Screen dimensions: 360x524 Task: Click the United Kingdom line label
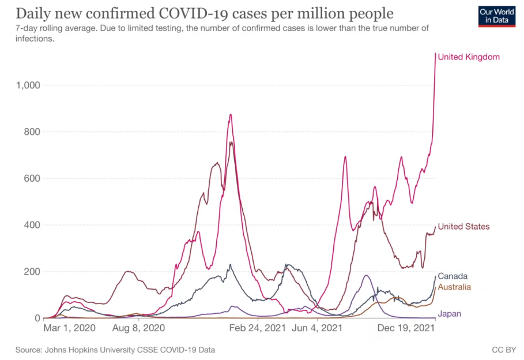(x=468, y=57)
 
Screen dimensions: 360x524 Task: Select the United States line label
(x=463, y=226)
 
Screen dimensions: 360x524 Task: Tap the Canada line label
(x=453, y=276)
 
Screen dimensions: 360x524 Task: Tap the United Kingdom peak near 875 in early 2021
(x=231, y=114)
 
